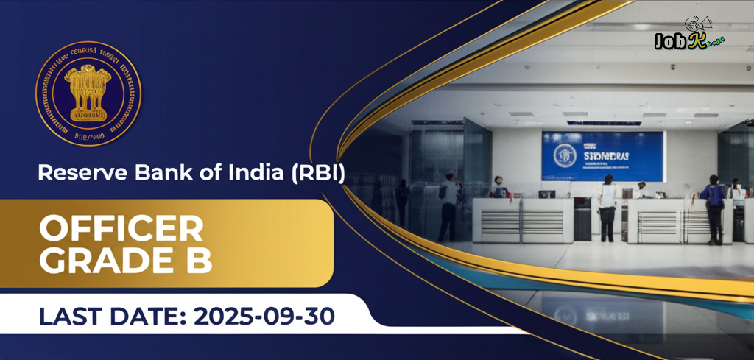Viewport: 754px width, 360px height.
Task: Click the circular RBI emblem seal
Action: coord(89,93)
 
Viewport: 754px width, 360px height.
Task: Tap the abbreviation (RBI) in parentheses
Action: coord(318,174)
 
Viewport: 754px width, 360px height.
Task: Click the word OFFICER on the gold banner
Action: coord(121,230)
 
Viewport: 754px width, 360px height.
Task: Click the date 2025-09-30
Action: coord(264,317)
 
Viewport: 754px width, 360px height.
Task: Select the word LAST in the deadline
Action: coord(71,317)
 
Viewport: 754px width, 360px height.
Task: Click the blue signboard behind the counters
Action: coord(602,155)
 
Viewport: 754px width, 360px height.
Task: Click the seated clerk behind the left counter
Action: coord(498,188)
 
